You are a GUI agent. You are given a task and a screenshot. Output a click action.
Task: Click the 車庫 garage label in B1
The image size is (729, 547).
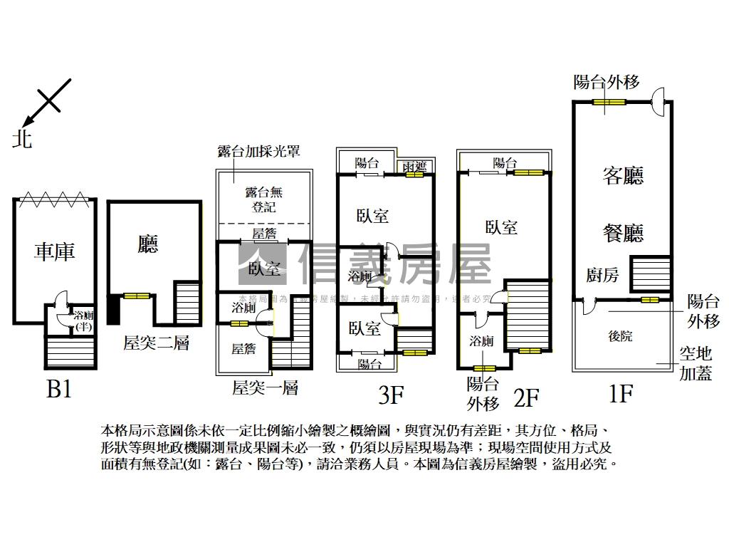(55, 251)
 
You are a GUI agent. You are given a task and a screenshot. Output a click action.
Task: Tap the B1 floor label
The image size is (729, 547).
(58, 390)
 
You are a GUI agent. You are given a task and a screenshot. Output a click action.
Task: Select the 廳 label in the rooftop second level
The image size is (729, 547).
(148, 245)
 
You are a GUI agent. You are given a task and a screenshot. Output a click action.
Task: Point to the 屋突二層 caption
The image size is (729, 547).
(156, 343)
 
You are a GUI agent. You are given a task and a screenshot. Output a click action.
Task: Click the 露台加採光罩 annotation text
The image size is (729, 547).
(258, 151)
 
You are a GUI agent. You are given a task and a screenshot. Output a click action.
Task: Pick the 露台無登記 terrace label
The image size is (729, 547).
(264, 199)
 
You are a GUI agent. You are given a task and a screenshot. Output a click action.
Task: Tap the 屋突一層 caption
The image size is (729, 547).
(265, 388)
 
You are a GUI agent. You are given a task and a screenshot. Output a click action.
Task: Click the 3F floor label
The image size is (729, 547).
(392, 395)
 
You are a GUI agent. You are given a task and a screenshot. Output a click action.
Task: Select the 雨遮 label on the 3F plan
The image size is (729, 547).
(414, 166)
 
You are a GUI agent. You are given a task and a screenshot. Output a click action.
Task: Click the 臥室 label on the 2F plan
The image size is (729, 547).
(501, 227)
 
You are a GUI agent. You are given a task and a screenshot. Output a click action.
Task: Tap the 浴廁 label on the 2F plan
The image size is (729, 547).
(481, 341)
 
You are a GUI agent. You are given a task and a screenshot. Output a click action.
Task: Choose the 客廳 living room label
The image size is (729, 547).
(623, 176)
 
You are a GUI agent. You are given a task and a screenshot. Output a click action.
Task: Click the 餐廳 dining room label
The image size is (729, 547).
(623, 233)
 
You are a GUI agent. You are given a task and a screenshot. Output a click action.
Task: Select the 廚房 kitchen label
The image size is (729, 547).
(602, 276)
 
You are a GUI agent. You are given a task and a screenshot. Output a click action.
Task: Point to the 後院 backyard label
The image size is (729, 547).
(621, 336)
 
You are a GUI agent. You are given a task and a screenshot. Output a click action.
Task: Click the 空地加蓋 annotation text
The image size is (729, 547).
(696, 363)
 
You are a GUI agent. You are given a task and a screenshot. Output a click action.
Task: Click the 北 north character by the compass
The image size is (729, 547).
(22, 139)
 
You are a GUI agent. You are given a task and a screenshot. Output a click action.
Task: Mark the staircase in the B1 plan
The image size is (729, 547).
(70, 352)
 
